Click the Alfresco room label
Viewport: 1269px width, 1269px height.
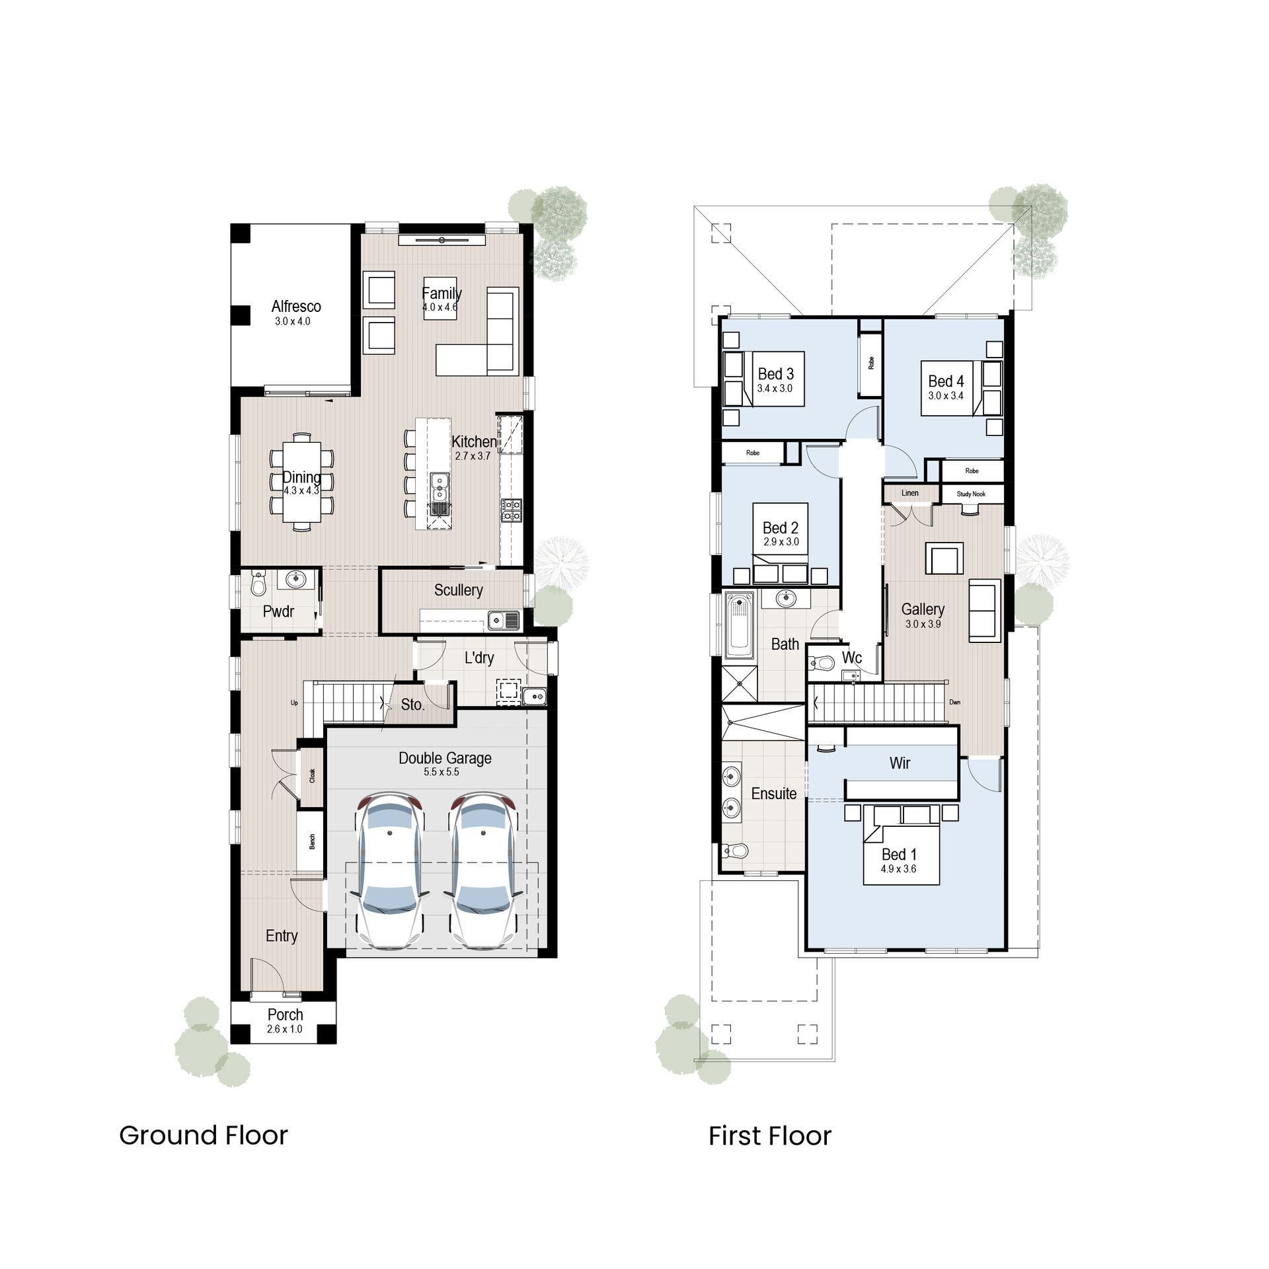[x=296, y=306]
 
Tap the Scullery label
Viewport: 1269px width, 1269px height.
[x=458, y=590]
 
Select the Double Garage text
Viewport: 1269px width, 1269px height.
[x=445, y=758]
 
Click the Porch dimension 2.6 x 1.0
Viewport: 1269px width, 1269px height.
[x=285, y=1029]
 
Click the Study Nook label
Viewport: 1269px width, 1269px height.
[x=971, y=494]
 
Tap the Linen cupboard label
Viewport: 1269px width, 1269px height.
[x=910, y=493]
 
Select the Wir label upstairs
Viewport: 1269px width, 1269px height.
[x=900, y=763]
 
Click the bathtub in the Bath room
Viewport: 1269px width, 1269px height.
[x=739, y=625]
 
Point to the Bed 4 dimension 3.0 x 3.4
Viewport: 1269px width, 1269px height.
[x=946, y=396]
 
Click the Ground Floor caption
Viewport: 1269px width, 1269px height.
[x=204, y=1135]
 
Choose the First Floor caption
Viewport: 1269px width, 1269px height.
[x=770, y=1136]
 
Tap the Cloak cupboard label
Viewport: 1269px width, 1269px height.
[x=312, y=776]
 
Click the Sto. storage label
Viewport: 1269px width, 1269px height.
[x=412, y=705]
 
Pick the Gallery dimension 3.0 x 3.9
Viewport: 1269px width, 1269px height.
[x=923, y=624]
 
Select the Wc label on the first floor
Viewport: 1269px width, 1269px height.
[x=852, y=658]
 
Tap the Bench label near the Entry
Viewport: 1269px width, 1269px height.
[x=312, y=841]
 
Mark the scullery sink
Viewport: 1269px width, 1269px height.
[x=502, y=621]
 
